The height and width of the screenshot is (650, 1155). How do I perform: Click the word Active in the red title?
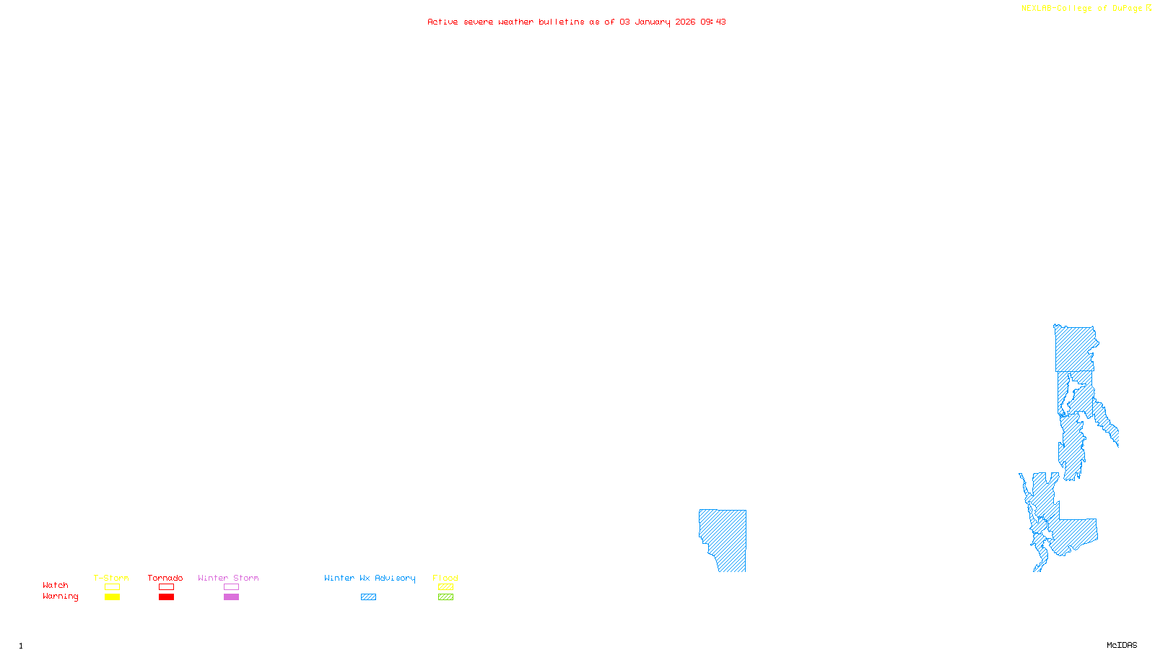(442, 22)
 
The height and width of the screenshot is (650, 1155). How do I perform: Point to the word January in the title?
(653, 22)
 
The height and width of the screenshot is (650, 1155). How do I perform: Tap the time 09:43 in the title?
(713, 22)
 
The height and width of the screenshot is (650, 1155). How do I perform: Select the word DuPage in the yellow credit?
(1127, 9)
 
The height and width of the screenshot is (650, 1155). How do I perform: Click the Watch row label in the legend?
(56, 586)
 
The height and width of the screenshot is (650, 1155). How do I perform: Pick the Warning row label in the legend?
(60, 597)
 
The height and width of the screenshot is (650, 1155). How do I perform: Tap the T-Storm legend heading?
(111, 578)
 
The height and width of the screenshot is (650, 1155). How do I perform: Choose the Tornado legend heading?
(165, 578)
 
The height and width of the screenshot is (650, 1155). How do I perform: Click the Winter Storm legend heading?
(228, 578)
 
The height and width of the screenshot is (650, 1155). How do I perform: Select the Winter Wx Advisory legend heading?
(370, 578)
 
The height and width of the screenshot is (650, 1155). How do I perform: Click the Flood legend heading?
(445, 578)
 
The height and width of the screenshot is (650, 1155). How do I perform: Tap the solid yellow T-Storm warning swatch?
(112, 597)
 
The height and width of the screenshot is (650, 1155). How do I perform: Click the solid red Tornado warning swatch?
(167, 597)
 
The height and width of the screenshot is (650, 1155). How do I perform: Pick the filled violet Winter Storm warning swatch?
(231, 597)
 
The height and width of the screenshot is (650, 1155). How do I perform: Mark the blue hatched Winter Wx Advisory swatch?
(368, 597)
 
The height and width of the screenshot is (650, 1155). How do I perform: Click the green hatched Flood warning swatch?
(446, 597)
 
